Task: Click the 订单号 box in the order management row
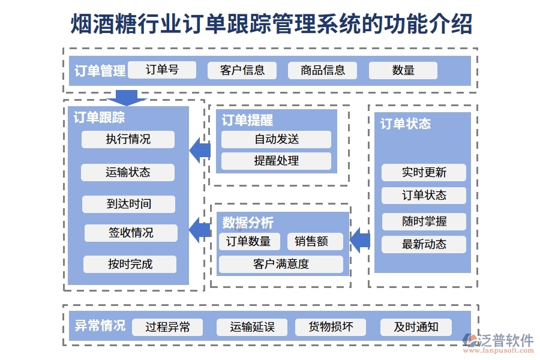162,70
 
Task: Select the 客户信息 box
242,70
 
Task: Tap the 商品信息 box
323,70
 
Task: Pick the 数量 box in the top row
403,70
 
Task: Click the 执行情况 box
128,139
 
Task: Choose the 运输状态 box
128,172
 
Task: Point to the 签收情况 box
131,233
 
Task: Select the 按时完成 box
130,264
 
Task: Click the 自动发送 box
276,139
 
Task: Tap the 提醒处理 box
276,161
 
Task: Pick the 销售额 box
315,241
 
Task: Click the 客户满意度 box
281,264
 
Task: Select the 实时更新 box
424,173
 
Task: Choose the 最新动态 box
424,244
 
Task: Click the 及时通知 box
416,327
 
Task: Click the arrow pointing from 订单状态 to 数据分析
360,240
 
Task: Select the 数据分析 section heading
248,223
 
